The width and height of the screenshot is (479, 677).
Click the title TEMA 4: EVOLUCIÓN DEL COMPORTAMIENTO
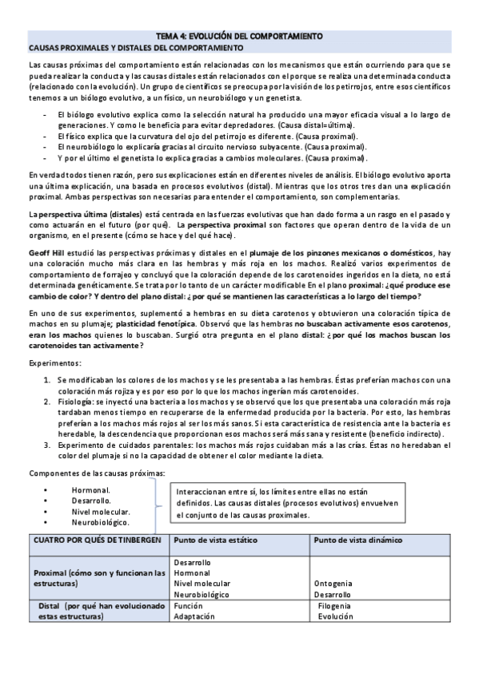point(239,37)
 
